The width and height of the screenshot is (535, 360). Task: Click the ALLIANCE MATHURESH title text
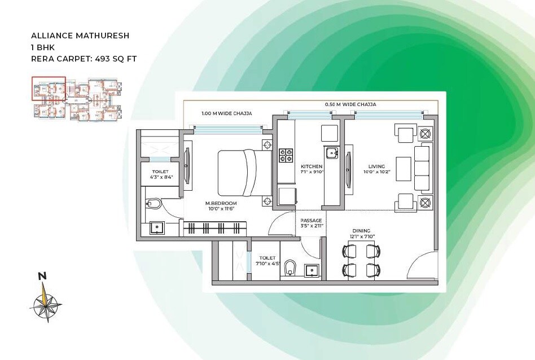pos(80,36)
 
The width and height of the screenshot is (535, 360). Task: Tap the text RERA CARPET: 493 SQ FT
pos(84,58)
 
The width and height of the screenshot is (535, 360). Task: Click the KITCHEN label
pos(312,166)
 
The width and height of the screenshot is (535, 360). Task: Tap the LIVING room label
pos(376,166)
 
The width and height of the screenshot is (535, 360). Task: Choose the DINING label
pos(361,231)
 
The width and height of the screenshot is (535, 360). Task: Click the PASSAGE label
pos(312,221)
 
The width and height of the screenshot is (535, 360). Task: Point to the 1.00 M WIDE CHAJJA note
pos(226,113)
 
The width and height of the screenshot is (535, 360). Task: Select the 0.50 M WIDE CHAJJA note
pos(350,104)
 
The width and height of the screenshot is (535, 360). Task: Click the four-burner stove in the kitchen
pos(286,155)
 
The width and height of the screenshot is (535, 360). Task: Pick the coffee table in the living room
pos(402,168)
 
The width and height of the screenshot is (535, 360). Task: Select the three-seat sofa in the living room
pos(423,168)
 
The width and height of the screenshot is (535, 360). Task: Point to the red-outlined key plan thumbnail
pos(49,89)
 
